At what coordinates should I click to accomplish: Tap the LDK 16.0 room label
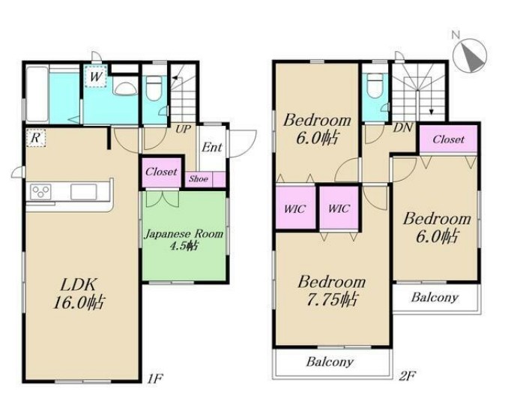point(79,293)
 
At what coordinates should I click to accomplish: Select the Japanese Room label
point(184,234)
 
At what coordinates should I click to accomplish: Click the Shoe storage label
point(199,179)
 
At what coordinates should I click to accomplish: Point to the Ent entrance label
point(211,148)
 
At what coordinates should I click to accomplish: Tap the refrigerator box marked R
point(36,138)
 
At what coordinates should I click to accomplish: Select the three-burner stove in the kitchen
point(41,191)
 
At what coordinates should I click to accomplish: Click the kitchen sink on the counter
point(83,192)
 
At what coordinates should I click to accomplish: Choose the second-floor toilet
point(374,85)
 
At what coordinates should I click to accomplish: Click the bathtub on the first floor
point(37,94)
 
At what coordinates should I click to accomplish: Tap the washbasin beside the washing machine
point(125,88)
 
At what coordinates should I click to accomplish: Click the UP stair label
point(184,130)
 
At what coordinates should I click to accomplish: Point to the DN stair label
point(403,128)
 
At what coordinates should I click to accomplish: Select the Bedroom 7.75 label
point(332,291)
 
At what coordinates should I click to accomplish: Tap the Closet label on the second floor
point(448,139)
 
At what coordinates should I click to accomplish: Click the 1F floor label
point(155,378)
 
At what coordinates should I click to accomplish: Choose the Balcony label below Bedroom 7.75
point(330,362)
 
